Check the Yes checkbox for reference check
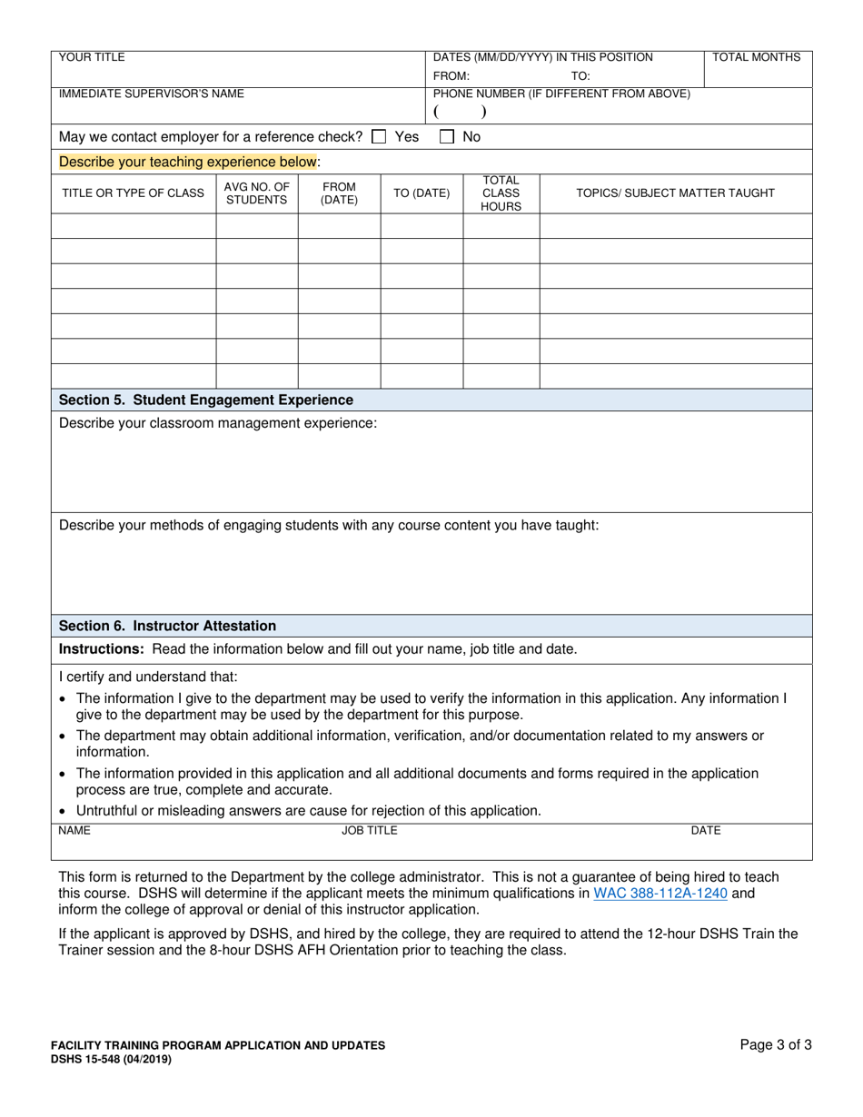pyautogui.click(x=380, y=137)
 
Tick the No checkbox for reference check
pyautogui.click(x=447, y=137)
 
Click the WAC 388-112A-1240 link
pyautogui.click(x=660, y=894)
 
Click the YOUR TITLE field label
pyautogui.click(x=92, y=57)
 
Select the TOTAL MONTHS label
pyautogui.click(x=757, y=57)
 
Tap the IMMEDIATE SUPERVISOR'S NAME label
pyautogui.click(x=151, y=94)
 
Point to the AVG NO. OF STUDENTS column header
pyautogui.click(x=256, y=193)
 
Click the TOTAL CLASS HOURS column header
pyautogui.click(x=501, y=193)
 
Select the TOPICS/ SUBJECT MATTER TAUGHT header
pyautogui.click(x=676, y=193)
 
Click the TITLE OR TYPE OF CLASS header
pyautogui.click(x=133, y=193)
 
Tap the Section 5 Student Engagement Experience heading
pyautogui.click(x=206, y=400)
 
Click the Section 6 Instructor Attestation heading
pyautogui.click(x=167, y=626)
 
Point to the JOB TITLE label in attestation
pyautogui.click(x=369, y=830)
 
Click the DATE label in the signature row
pyautogui.click(x=706, y=830)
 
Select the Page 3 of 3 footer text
pyautogui.click(x=776, y=1045)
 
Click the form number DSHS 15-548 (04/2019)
pyautogui.click(x=110, y=1059)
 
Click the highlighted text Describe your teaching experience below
pyautogui.click(x=188, y=162)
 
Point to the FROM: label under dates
pyautogui.click(x=451, y=76)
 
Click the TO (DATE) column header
pyautogui.click(x=421, y=193)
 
